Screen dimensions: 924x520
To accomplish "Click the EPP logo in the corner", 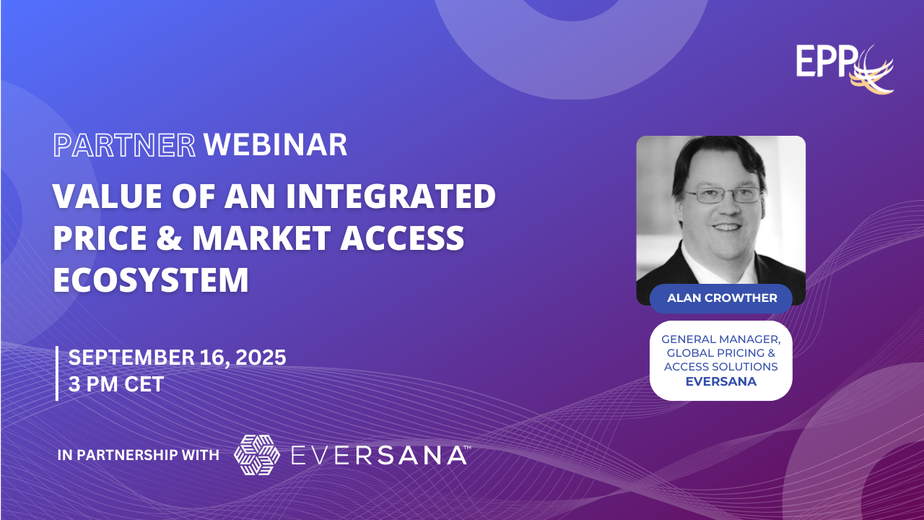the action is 845,69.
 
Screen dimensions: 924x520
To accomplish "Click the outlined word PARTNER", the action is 124,145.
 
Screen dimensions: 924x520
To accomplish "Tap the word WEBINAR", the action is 275,145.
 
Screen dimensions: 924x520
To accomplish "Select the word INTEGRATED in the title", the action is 391,196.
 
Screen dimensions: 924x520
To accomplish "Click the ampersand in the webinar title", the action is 169,238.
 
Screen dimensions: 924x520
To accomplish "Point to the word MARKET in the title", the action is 261,238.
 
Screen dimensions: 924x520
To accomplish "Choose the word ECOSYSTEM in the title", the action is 151,279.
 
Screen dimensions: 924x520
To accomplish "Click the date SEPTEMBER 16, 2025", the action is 177,357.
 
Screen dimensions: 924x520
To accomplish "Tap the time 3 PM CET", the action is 116,384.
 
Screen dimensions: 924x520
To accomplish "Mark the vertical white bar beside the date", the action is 57,373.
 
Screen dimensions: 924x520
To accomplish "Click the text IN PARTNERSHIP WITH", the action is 138,455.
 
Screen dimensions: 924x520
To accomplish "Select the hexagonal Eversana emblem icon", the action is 256,455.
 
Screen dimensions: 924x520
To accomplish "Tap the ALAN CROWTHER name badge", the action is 721,298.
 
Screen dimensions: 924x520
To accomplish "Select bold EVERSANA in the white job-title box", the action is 721,381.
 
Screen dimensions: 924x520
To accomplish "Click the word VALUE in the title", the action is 108,196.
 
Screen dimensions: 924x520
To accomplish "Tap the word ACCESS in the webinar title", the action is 402,238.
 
